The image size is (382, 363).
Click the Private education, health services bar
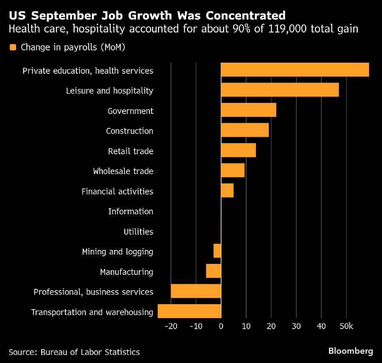(295, 70)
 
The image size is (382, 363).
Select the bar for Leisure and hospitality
(280, 90)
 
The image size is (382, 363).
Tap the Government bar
(248, 110)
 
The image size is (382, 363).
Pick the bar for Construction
(244, 130)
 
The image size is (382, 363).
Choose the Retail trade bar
(238, 150)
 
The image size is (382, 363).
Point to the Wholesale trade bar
(233, 170)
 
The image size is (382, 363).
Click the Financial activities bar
(227, 191)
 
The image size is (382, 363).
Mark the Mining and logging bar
(217, 251)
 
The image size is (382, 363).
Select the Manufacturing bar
(213, 271)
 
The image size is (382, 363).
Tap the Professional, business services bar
(196, 291)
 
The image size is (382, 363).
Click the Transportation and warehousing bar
(189, 311)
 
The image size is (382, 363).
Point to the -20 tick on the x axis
(171, 326)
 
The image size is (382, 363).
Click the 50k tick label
(346, 326)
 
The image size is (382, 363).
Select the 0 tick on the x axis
(221, 326)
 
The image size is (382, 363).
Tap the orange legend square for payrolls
(12, 47)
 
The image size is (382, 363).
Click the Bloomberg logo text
(351, 351)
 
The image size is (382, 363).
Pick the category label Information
(130, 211)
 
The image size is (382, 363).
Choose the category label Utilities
(138, 232)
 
